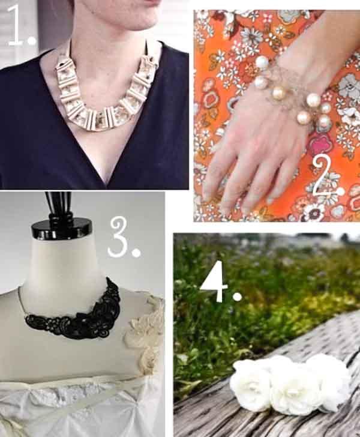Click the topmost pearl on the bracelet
pos(262,62)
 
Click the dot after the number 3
pos(136,253)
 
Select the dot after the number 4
pos(238,297)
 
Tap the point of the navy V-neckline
pos(106,182)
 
